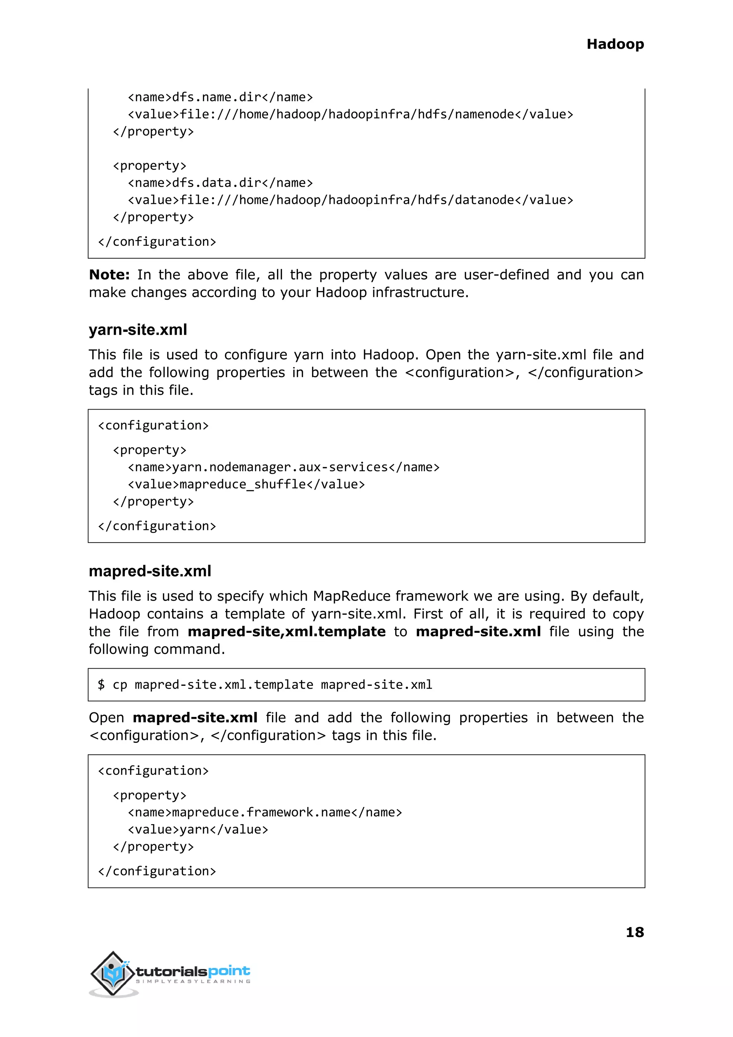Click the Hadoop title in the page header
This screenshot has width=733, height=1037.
click(615, 44)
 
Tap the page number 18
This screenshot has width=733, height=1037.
click(635, 932)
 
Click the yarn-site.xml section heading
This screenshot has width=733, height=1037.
click(138, 330)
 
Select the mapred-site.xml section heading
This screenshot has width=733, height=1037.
click(150, 571)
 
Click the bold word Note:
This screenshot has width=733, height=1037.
click(109, 275)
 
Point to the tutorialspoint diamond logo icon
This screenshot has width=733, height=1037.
click(113, 973)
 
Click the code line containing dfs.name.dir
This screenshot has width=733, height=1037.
click(220, 97)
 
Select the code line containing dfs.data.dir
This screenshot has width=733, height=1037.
click(220, 183)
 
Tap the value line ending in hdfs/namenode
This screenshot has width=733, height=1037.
click(350, 115)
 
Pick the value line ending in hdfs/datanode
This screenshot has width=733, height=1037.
click(350, 200)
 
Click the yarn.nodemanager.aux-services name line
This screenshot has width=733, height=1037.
click(283, 467)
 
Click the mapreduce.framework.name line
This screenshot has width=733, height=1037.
click(264, 812)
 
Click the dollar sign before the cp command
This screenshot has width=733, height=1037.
click(101, 685)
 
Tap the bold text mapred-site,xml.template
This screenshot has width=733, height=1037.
click(287, 632)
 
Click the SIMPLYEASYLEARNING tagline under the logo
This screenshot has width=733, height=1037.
click(193, 981)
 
